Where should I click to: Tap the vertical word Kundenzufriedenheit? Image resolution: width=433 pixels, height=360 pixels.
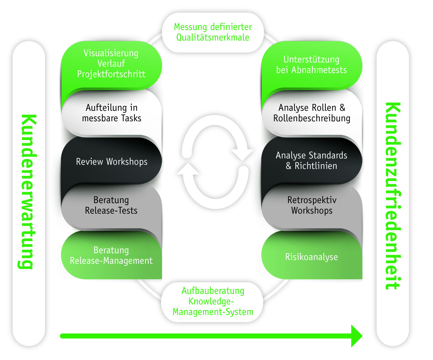(x=393, y=196)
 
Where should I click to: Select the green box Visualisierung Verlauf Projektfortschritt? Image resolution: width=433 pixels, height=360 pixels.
(x=111, y=64)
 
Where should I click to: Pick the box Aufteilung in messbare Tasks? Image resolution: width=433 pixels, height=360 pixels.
(x=111, y=113)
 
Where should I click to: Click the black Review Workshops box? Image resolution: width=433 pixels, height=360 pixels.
(x=111, y=161)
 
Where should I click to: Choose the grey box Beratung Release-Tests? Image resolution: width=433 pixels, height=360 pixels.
(x=111, y=205)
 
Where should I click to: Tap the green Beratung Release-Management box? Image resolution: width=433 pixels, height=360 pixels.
(x=111, y=255)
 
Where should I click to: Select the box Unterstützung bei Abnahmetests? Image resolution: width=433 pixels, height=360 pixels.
(x=312, y=65)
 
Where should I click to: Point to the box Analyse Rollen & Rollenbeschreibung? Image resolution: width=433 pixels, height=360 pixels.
(x=312, y=113)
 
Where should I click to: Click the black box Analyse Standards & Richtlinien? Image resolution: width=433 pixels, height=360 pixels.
(x=312, y=160)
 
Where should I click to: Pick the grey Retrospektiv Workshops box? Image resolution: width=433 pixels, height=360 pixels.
(x=312, y=205)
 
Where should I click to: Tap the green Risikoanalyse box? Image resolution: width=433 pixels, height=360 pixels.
(x=312, y=257)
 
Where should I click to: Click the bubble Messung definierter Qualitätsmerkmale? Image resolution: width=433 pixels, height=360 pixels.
(x=213, y=32)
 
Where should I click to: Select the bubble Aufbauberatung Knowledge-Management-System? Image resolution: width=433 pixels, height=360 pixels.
(x=213, y=301)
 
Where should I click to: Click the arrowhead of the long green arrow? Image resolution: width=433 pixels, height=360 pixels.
(x=356, y=336)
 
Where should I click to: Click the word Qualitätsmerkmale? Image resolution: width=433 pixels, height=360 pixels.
(x=213, y=37)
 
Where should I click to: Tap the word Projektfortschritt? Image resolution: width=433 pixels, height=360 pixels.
(x=111, y=74)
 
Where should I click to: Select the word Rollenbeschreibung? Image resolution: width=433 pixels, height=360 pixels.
(x=312, y=118)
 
